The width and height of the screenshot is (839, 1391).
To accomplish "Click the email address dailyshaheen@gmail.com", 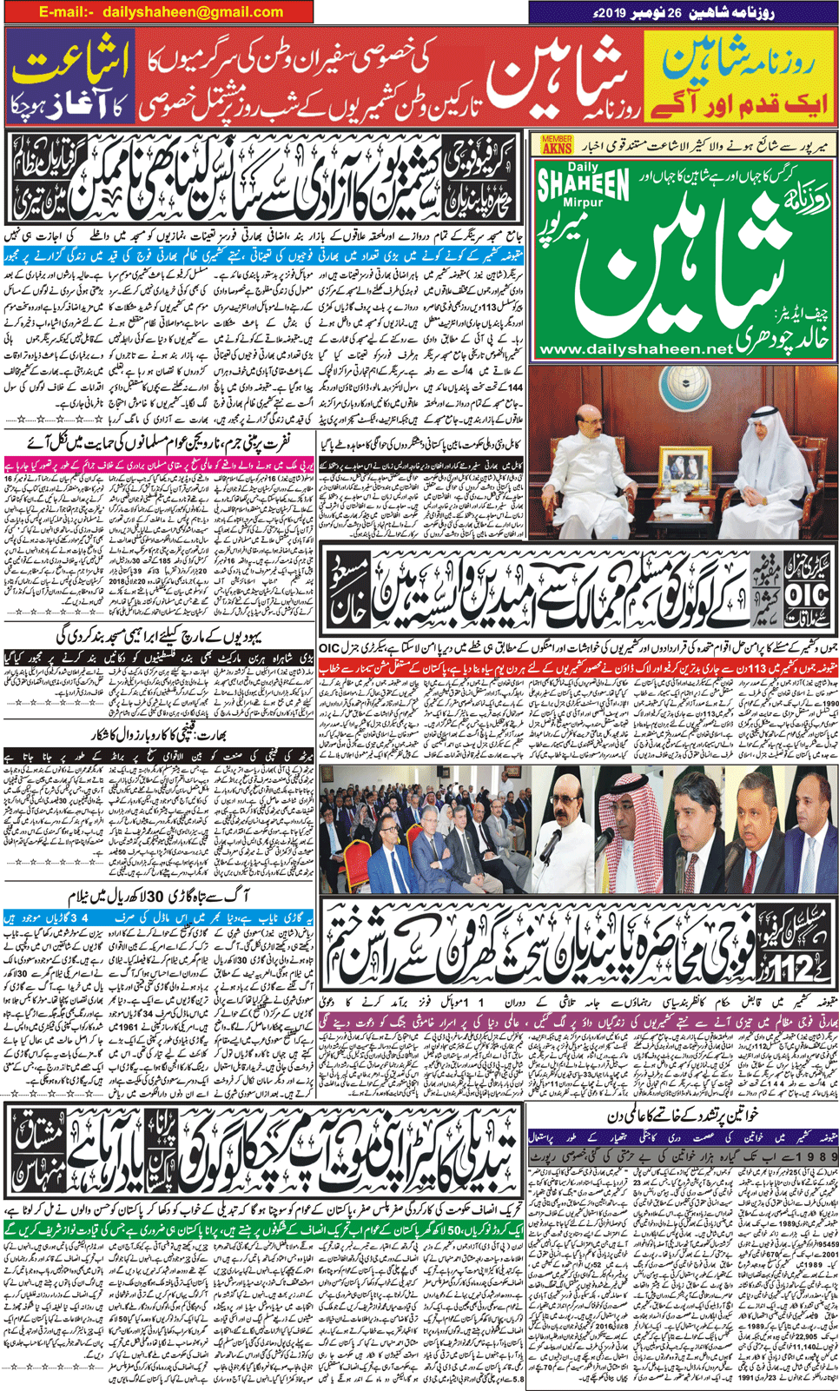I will pos(193,12).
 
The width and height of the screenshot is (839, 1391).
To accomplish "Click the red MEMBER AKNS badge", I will pos(557,145).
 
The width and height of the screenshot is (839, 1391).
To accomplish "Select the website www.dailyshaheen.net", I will pos(636,348).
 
